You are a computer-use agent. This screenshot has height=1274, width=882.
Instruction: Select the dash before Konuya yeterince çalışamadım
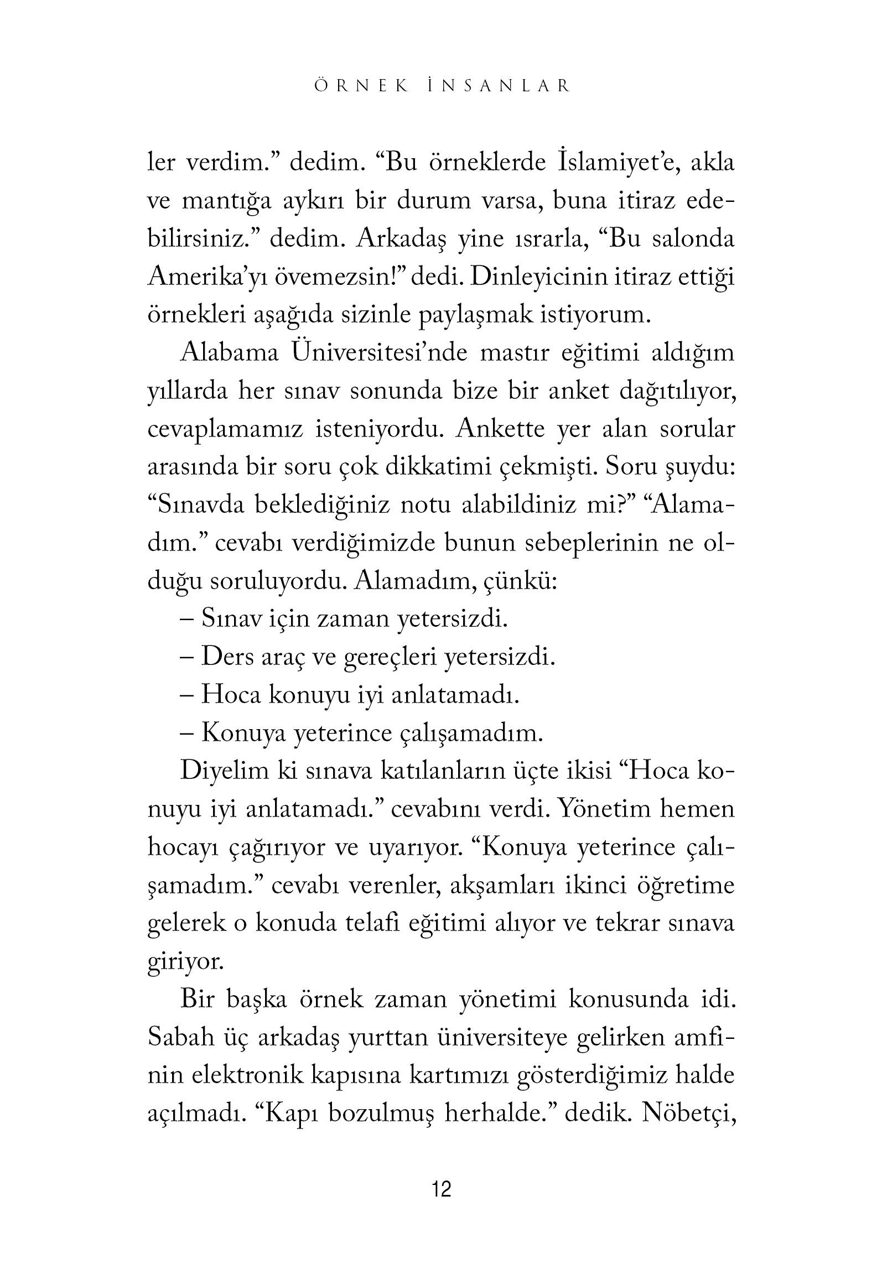tap(186, 734)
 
